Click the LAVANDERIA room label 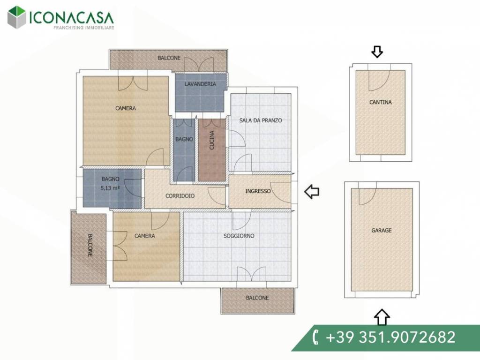point(200,84)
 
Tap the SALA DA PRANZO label point(261,120)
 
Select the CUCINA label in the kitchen point(211,140)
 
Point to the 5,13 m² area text point(110,188)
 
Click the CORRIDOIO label point(180,196)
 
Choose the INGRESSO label point(258,191)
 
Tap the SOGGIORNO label point(239,236)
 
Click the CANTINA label point(381,102)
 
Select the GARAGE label point(382,230)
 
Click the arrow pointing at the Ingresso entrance point(312,192)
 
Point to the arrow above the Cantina point(377,52)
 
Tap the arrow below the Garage point(382,317)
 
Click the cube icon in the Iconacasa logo point(16,17)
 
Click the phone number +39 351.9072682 point(390,337)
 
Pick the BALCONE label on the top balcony point(169,58)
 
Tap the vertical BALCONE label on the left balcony point(90,245)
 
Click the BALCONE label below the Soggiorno point(257,298)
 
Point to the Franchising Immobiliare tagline point(84,28)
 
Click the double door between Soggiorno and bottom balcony point(251,274)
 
